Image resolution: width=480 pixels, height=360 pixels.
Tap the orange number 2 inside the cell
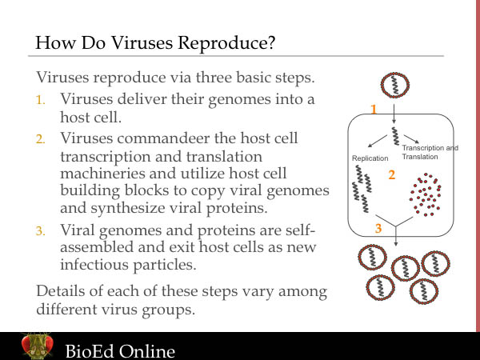click(392, 174)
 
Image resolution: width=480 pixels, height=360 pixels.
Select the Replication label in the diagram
click(369, 159)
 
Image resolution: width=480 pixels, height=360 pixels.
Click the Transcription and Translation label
click(430, 152)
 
